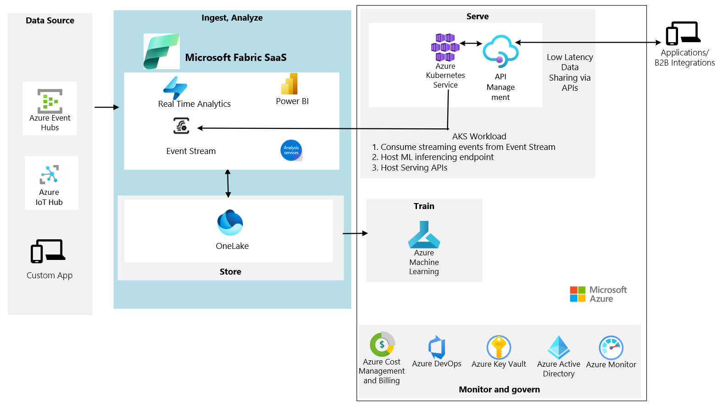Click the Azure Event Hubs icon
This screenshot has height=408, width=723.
[50, 101]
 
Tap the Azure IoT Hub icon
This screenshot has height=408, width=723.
[49, 175]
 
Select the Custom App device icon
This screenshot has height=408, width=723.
[48, 251]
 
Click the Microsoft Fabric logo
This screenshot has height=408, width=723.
[161, 51]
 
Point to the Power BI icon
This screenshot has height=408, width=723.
[289, 84]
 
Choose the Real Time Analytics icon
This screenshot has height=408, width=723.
[175, 88]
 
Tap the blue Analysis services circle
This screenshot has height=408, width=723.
[291, 150]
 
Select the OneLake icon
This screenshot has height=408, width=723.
[230, 223]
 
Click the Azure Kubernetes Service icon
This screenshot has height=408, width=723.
[445, 47]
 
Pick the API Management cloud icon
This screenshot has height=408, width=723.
[501, 51]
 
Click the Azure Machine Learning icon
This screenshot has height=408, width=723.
[424, 235]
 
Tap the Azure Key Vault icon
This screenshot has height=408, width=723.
[499, 347]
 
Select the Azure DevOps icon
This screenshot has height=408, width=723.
[437, 347]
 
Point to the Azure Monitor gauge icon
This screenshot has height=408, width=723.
[611, 348]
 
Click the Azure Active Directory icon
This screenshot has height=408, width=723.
[559, 347]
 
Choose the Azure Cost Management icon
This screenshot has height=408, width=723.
[382, 344]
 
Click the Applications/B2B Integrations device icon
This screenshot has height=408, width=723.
[684, 33]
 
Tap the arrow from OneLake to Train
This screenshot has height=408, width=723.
[355, 233]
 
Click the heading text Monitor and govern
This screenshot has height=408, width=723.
[499, 390]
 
